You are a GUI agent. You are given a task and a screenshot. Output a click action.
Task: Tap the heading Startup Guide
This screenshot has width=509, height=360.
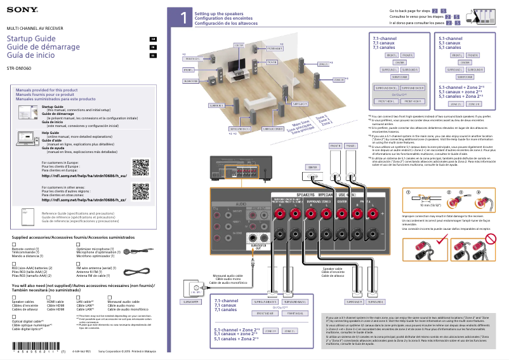click(31, 39)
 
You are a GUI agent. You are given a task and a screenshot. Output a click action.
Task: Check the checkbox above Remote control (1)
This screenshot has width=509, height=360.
click(15, 244)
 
